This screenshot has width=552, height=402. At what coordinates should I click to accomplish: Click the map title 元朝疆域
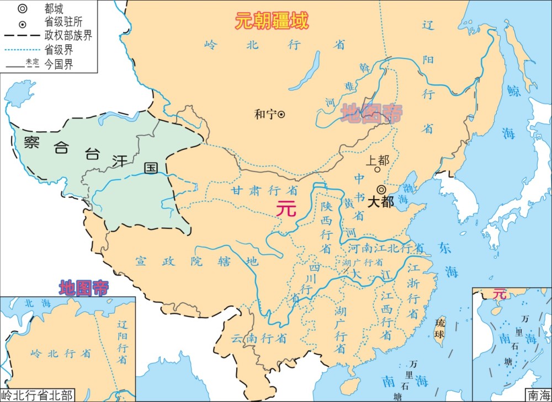(272, 21)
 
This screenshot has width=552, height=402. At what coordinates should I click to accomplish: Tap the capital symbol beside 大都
(381, 189)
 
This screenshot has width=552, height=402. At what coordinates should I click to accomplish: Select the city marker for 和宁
(281, 114)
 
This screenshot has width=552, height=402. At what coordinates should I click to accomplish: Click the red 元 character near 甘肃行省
(286, 208)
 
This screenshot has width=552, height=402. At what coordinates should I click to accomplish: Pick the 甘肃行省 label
(264, 190)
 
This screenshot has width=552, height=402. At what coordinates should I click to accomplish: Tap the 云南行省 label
(258, 337)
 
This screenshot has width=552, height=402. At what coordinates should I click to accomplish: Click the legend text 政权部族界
(68, 36)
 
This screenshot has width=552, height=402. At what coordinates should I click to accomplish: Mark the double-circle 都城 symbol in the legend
(22, 9)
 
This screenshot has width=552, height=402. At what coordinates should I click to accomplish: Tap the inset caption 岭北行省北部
(38, 395)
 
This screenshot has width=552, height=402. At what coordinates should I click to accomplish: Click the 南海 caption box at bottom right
(538, 395)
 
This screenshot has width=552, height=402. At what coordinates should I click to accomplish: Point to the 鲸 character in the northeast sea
(513, 92)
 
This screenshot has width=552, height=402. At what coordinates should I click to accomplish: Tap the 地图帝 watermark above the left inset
(84, 287)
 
